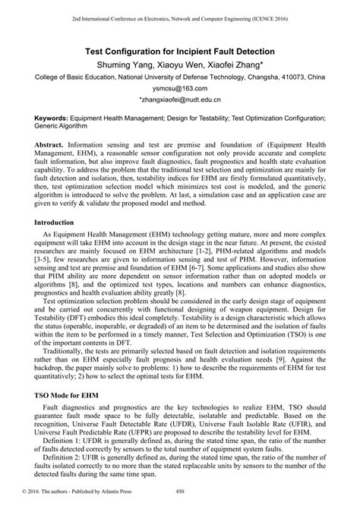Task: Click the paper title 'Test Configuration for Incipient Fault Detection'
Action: click(179, 50)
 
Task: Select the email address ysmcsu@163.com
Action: click(179, 89)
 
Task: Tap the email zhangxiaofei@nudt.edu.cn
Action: click(179, 100)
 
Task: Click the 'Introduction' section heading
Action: click(60, 223)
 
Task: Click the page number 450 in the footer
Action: click(181, 501)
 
